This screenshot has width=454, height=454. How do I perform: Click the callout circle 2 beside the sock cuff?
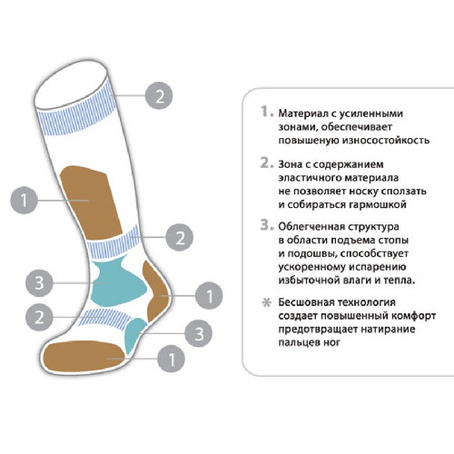point(159,95)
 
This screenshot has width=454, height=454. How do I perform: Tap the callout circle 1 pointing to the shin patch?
point(25,200)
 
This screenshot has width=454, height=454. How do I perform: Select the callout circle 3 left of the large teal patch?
point(39,283)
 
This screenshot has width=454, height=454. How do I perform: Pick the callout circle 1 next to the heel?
point(209,295)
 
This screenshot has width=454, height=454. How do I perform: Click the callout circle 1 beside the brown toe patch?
point(171,359)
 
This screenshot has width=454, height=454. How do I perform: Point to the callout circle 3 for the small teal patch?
point(199,333)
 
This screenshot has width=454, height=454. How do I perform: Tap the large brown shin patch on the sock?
point(91,202)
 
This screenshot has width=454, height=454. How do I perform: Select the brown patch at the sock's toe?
point(84,356)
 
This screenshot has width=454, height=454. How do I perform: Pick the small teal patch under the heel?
point(134,334)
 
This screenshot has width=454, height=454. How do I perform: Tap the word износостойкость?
point(386,141)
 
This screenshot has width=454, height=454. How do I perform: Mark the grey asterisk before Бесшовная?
point(266,302)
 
